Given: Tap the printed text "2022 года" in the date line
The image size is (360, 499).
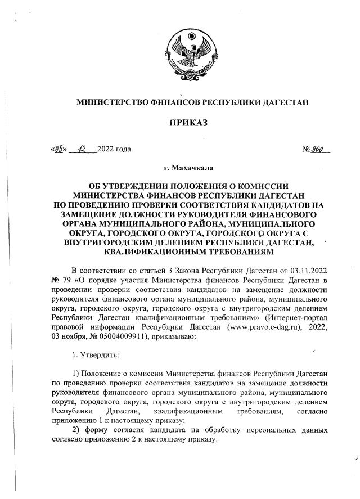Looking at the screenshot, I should [x=114, y=150].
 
